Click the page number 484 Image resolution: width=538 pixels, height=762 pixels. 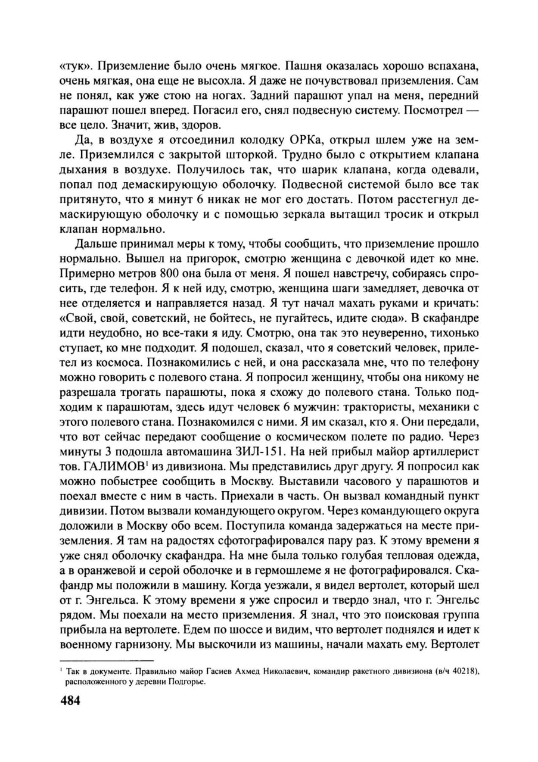tap(70, 699)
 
